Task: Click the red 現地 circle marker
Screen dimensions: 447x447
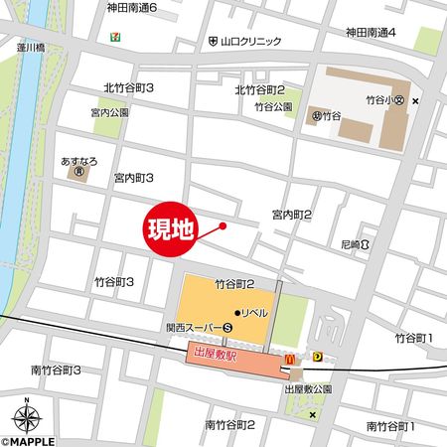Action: (x=173, y=229)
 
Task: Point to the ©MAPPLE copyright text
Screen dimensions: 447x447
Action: (x=31, y=439)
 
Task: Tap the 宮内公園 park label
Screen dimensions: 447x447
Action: (x=109, y=112)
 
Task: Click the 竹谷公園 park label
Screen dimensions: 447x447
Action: (x=272, y=106)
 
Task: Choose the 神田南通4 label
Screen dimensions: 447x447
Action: (x=371, y=33)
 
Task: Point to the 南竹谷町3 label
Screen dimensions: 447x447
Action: (x=56, y=371)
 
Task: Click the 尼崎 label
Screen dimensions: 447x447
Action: (x=349, y=243)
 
